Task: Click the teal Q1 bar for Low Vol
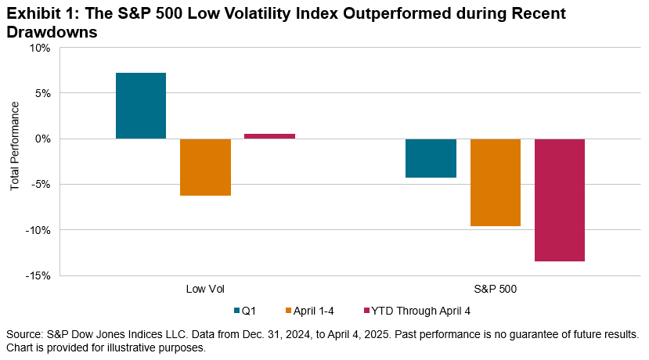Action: [141, 106]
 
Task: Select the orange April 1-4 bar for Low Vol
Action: [205, 167]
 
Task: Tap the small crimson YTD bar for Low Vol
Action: [269, 136]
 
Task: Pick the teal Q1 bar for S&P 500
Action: [431, 158]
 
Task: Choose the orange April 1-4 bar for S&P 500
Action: [496, 182]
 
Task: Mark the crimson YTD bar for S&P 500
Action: [560, 200]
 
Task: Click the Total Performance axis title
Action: [14, 161]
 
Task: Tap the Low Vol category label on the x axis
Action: [205, 289]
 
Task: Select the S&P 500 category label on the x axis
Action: [496, 289]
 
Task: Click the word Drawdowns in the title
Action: [54, 32]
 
